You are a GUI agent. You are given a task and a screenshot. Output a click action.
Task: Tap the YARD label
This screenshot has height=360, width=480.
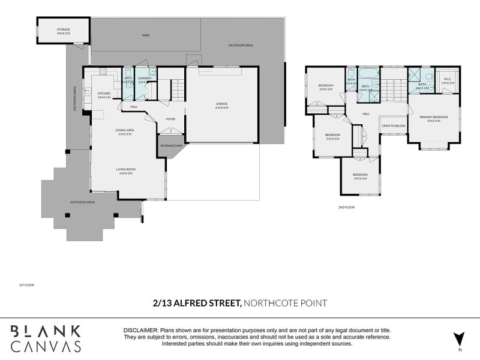click(x=145, y=35)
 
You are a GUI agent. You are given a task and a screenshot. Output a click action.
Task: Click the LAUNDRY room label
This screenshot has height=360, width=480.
click(x=144, y=79)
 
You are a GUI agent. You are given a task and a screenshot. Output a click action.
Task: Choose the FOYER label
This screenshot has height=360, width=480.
click(x=170, y=119)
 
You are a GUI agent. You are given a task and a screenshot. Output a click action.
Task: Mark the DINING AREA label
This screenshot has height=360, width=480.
click(x=125, y=132)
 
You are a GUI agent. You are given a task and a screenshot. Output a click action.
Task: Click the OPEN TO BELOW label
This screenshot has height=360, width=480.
click(x=394, y=125)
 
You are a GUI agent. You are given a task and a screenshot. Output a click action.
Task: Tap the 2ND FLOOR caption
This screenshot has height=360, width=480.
click(x=347, y=207)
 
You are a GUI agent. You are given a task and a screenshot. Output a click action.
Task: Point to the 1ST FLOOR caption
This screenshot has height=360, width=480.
click(x=26, y=285)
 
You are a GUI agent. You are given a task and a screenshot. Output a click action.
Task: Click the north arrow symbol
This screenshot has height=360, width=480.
click(x=459, y=338)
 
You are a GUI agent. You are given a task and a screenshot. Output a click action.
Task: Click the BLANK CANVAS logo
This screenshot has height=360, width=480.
click(x=46, y=338)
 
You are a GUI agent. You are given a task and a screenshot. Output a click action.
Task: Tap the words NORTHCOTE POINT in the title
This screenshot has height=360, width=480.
click(x=285, y=303)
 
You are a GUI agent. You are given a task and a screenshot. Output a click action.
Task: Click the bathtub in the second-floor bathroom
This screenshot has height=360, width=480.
click(x=368, y=76)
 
